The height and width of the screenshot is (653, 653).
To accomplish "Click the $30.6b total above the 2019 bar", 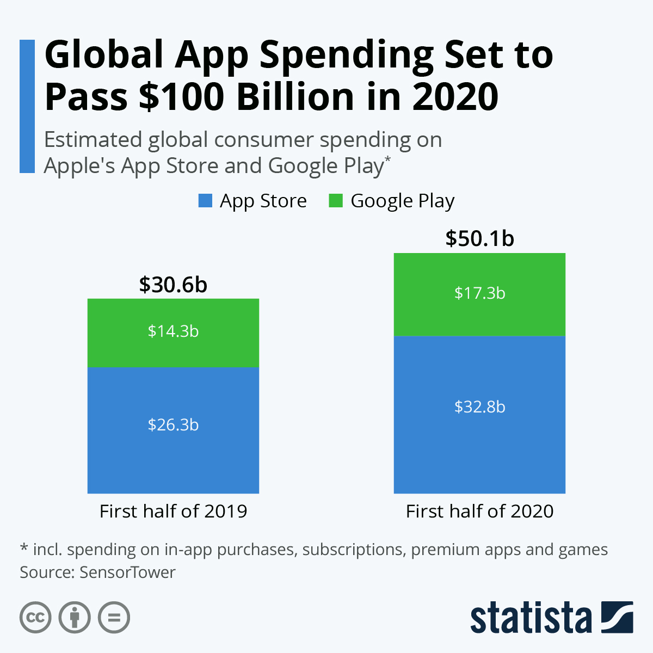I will [x=173, y=285].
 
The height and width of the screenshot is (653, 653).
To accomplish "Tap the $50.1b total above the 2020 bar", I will [x=479, y=239].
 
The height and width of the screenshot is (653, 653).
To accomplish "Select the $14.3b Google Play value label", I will [x=173, y=331].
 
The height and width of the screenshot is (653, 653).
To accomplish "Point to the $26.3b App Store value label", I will [x=173, y=424].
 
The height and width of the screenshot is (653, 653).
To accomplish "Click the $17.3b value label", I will [x=479, y=293].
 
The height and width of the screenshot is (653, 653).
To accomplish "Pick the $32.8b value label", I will [x=479, y=407].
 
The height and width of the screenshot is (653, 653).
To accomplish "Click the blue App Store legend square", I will [x=205, y=201].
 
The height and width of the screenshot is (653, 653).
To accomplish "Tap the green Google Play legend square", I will [x=336, y=201].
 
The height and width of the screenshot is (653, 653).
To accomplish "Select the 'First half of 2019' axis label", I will [x=173, y=511].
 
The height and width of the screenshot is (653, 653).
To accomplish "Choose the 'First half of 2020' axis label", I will [x=479, y=511].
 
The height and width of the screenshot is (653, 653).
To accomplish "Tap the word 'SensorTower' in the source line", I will [x=127, y=572].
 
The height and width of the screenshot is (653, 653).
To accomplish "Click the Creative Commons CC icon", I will [x=35, y=618].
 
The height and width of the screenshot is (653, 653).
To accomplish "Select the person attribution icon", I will [x=75, y=618].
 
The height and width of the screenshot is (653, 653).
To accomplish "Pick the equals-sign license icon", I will [x=114, y=618].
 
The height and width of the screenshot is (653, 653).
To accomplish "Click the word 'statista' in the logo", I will [x=531, y=618].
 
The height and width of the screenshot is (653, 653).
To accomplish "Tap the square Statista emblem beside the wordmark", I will [x=617, y=617].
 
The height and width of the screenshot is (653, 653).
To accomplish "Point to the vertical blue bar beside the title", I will [x=27, y=106].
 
